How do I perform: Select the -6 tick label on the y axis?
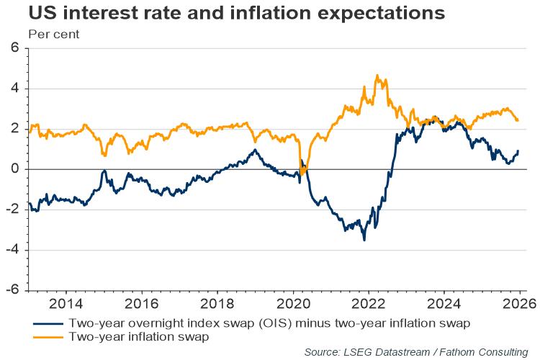pos(13,290)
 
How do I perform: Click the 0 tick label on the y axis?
pos(15,169)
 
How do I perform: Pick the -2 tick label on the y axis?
pos(13,210)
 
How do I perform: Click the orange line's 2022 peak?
pos(377,76)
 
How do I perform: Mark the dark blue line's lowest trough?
pos(364,239)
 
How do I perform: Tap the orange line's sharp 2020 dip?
pos(302,173)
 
